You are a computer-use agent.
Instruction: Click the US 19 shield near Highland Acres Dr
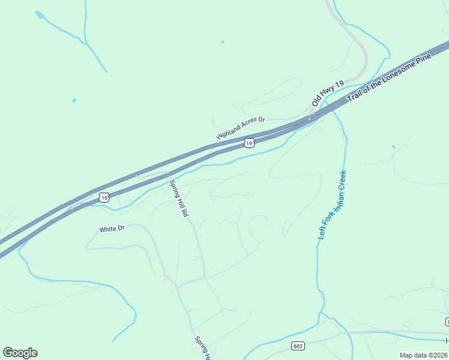(250, 143)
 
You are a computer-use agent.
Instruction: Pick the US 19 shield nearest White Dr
(104, 197)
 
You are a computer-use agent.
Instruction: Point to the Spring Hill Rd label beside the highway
(179, 198)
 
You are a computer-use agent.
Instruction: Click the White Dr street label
(112, 229)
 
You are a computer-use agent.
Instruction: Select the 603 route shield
(298, 346)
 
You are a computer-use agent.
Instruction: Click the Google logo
(20, 353)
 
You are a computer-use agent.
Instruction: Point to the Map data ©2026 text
(424, 355)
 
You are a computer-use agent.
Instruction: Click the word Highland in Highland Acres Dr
(228, 133)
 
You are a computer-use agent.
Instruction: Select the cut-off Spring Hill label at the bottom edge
(203, 348)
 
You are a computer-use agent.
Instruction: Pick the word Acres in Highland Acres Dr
(248, 125)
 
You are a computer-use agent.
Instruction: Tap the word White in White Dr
(107, 229)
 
